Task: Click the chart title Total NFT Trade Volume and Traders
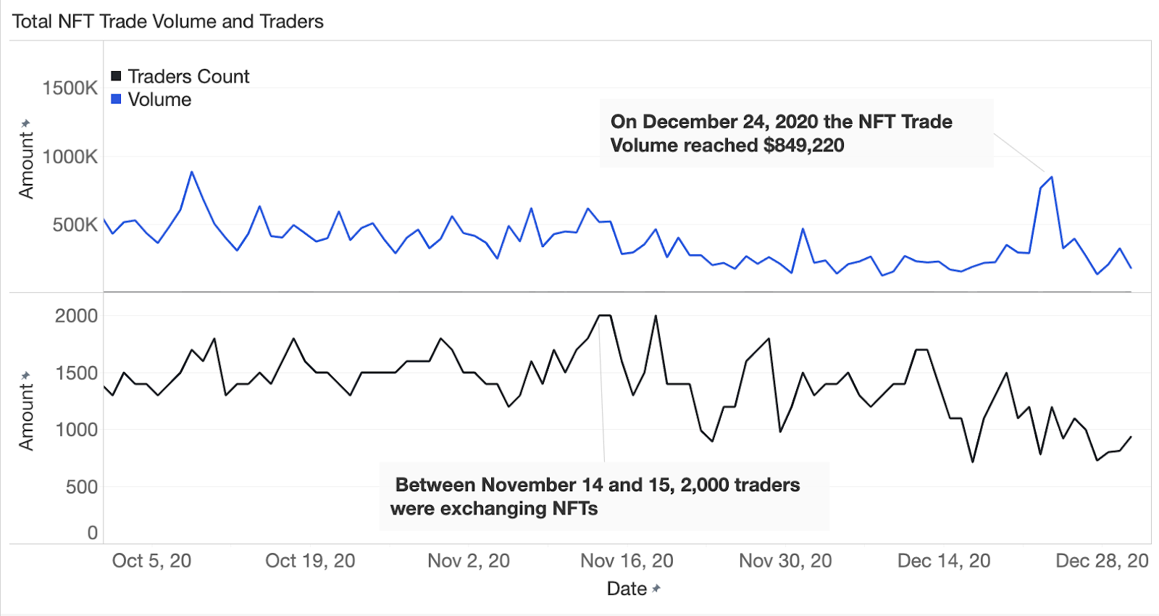(167, 22)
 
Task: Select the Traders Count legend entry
(188, 76)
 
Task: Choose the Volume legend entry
(159, 99)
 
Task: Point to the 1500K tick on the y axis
(70, 88)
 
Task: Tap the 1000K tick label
(70, 157)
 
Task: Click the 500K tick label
(75, 225)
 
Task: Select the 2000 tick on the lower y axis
(76, 316)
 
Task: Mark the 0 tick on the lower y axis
(92, 533)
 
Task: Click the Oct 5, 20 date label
(151, 561)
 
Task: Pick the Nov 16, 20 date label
(627, 561)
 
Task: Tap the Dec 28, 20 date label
(1102, 561)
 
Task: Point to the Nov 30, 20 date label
(785, 561)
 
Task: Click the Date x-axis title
(627, 588)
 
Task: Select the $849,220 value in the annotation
(803, 145)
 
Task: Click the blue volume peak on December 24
(1051, 177)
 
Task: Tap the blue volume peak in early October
(192, 172)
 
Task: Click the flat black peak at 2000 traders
(604, 315)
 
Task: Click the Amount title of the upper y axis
(26, 165)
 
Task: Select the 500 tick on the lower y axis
(81, 487)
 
